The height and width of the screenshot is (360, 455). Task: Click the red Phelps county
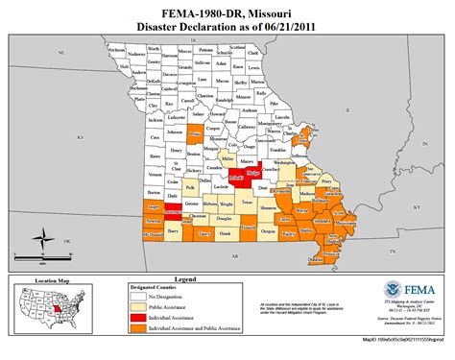pyautogui.click(x=254, y=174)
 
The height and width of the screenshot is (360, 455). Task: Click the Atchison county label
pyautogui.click(x=115, y=49)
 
